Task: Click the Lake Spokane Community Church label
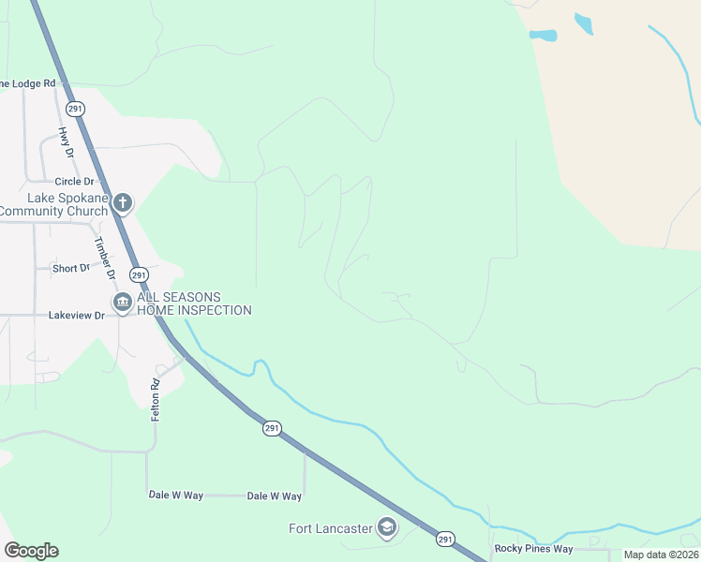53,204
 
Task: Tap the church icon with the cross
122,203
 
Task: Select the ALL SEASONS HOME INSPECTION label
194,303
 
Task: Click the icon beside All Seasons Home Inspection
122,303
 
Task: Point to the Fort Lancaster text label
330,528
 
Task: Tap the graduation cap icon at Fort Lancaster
386,528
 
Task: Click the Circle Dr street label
75,181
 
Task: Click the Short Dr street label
71,268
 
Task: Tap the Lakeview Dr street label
77,316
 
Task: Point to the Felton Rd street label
156,398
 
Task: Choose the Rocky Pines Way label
533,549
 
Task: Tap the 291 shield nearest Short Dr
138,274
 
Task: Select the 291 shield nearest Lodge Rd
76,109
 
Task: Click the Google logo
31,550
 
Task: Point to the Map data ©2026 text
660,555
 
